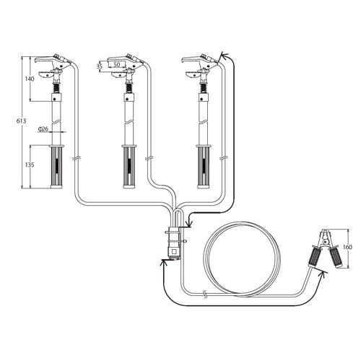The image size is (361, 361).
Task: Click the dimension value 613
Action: click(x=21, y=121)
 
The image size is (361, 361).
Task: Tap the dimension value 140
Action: click(x=30, y=79)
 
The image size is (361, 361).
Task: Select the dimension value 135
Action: click(x=30, y=165)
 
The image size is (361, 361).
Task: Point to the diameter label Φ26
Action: click(x=43, y=129)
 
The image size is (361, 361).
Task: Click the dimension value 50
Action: click(x=116, y=64)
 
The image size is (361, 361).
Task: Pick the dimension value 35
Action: click(x=99, y=66)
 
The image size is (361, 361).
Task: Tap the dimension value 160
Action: click(x=347, y=247)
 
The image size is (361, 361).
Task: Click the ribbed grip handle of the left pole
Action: click(x=56, y=167)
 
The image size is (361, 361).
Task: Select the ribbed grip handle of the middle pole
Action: click(x=129, y=167)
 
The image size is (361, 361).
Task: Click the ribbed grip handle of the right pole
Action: click(x=204, y=167)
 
